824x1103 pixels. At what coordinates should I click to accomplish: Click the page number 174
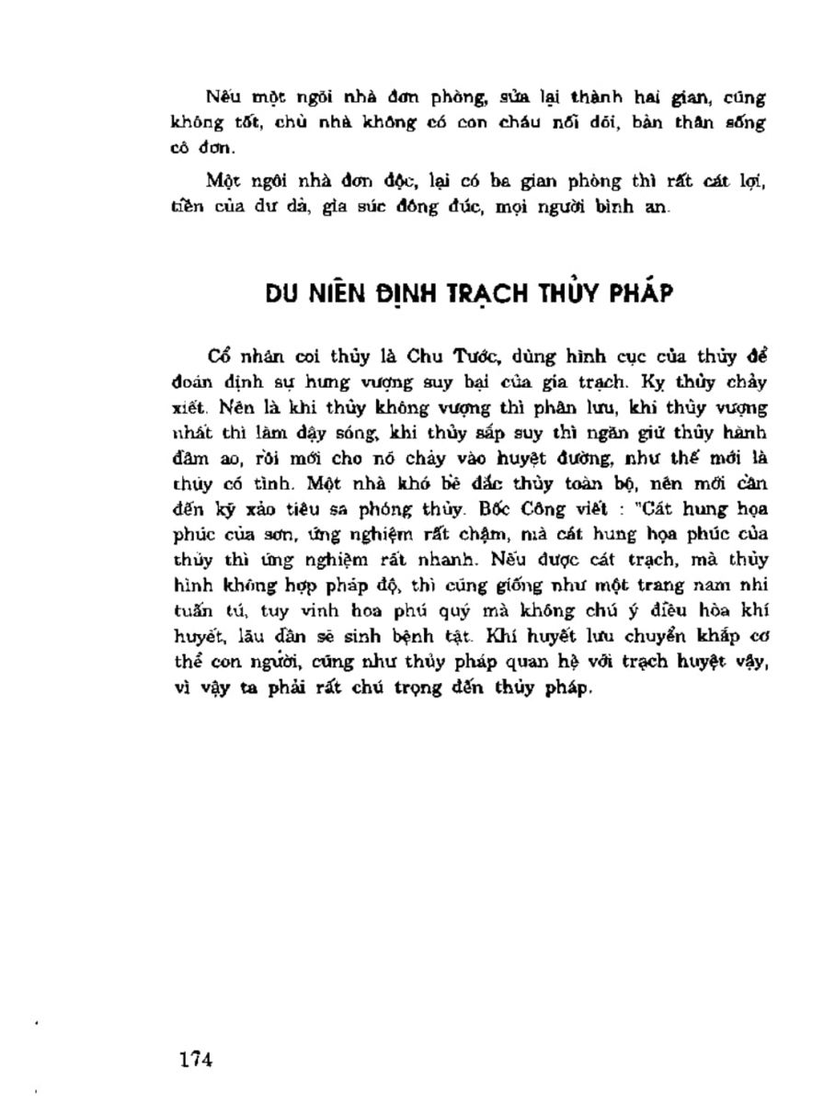[196, 1059]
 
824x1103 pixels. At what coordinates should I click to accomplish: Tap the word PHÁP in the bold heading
[641, 294]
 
